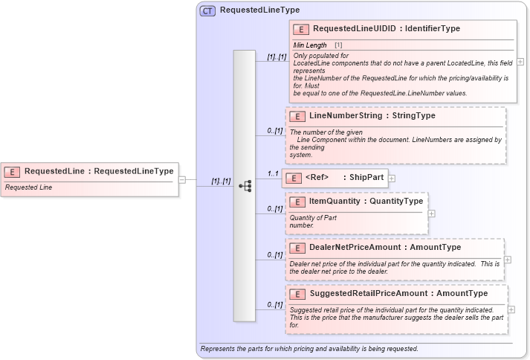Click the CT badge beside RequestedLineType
[x=207, y=10]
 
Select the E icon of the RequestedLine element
[x=12, y=171]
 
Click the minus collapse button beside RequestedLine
[x=182, y=179]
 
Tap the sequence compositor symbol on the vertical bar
[x=245, y=186]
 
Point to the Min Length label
[x=310, y=46]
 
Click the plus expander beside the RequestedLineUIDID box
[x=520, y=62]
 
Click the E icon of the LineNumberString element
[x=297, y=117]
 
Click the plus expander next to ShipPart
[x=392, y=179]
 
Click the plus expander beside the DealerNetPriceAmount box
[x=508, y=260]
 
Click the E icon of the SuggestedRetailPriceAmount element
[x=297, y=295]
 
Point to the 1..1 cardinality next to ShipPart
[x=273, y=173]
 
